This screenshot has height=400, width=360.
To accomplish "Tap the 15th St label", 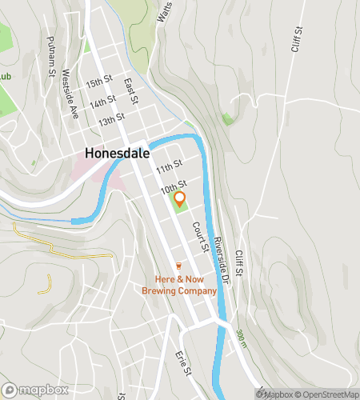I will [100, 82].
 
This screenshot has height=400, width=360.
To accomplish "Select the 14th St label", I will [104, 102].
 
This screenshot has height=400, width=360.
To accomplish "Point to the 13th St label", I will [111, 119].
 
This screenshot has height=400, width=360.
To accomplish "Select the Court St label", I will [200, 237].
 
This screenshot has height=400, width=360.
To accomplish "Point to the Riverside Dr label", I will [222, 259].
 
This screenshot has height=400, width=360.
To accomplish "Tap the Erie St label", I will [185, 359].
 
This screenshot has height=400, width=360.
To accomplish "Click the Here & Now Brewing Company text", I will [180, 286].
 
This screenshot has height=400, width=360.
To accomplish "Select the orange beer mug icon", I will [179, 266].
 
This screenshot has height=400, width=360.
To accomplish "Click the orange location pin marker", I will [180, 199].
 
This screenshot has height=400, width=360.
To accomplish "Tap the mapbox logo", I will [34, 390].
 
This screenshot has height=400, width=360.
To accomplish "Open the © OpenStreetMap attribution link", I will [328, 394].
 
